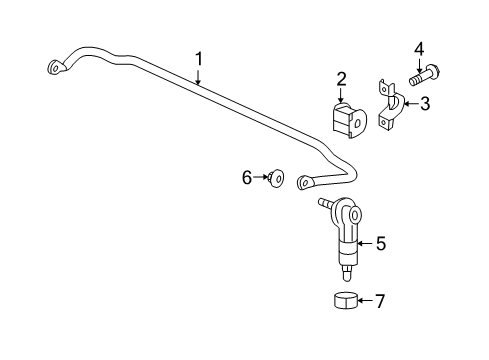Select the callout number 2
(341, 80)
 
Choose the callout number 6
(247, 177)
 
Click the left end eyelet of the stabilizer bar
(55, 68)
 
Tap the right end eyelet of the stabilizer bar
(304, 182)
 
